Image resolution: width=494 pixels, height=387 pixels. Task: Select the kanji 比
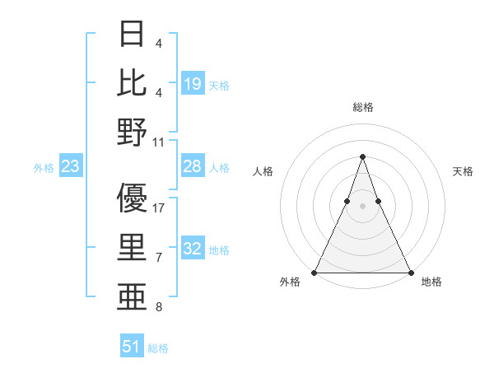[x=132, y=82]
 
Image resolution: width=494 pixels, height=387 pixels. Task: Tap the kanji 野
[x=132, y=131]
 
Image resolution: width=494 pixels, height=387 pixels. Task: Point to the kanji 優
[x=132, y=198]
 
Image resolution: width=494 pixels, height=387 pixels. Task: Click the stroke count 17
[x=159, y=208]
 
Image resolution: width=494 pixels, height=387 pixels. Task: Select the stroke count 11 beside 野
[x=159, y=142]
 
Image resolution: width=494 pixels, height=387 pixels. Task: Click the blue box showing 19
[x=193, y=83]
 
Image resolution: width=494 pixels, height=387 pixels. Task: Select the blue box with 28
[x=193, y=166]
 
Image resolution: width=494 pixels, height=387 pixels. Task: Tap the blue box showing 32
[x=193, y=249]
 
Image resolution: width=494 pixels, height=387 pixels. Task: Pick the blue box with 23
[x=71, y=167]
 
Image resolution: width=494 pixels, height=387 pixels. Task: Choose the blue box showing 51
[x=133, y=347]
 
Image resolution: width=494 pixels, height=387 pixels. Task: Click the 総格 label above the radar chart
[x=362, y=107]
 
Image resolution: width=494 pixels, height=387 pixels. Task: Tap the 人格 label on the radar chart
[x=263, y=171]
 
